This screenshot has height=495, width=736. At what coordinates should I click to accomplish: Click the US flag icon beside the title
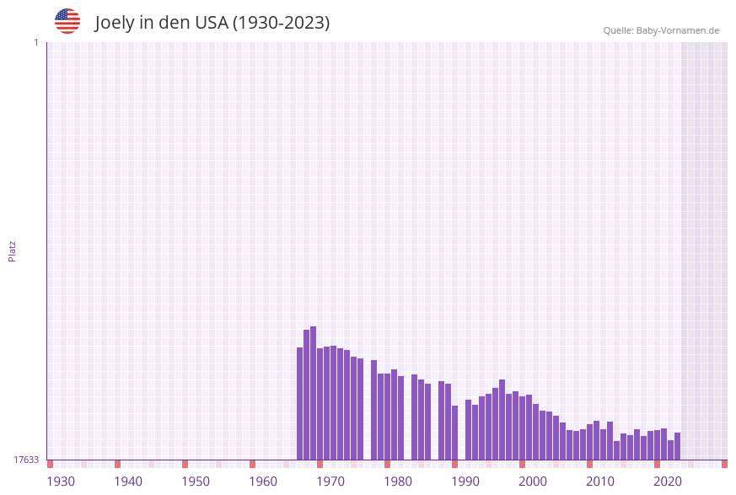(x=67, y=21)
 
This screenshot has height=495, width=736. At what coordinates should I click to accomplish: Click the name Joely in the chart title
(x=115, y=23)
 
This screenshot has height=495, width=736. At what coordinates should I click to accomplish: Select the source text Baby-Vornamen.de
(x=677, y=30)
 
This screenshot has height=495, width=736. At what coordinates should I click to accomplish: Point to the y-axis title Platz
(x=13, y=250)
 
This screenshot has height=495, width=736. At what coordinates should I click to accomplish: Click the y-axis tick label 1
(x=35, y=42)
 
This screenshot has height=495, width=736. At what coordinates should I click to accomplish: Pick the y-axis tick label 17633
(x=26, y=460)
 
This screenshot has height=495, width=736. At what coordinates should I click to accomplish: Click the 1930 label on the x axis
(x=61, y=482)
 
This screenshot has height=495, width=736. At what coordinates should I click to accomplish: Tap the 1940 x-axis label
(x=128, y=482)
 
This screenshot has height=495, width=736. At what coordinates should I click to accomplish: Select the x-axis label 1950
(x=196, y=482)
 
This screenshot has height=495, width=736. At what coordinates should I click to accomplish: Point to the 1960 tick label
(x=263, y=482)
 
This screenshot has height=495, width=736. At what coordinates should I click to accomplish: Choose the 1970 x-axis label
(x=330, y=482)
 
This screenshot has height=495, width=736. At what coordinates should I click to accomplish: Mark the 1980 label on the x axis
(x=398, y=482)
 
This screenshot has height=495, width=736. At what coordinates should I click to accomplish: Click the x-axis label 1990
(x=465, y=482)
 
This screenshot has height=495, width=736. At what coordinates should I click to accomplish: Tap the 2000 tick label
(x=533, y=482)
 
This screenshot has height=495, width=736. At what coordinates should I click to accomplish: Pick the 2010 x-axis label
(x=600, y=482)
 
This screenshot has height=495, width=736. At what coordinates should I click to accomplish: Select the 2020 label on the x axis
(x=668, y=482)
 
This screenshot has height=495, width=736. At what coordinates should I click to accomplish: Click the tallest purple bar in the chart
(x=313, y=393)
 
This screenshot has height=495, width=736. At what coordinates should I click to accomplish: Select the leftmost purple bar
(x=299, y=403)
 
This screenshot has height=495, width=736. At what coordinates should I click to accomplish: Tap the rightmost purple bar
(x=677, y=446)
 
